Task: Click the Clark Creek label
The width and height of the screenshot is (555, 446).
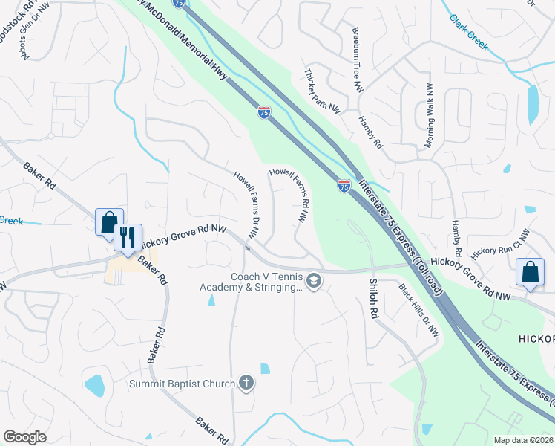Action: click(x=470, y=34)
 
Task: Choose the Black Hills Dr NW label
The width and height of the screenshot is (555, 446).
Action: click(x=418, y=310)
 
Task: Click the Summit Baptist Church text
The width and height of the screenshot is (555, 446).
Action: click(x=182, y=384)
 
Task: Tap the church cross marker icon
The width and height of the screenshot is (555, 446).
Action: click(x=246, y=384)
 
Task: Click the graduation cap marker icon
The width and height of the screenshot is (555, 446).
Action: click(x=314, y=281)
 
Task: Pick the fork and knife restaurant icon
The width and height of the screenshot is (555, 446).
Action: click(x=128, y=238)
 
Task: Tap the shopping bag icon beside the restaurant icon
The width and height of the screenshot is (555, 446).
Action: click(x=108, y=221)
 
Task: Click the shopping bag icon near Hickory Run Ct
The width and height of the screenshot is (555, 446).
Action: click(x=531, y=272)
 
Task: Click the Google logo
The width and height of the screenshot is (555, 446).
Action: click(x=24, y=437)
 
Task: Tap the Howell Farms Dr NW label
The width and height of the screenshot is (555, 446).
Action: click(x=246, y=204)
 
